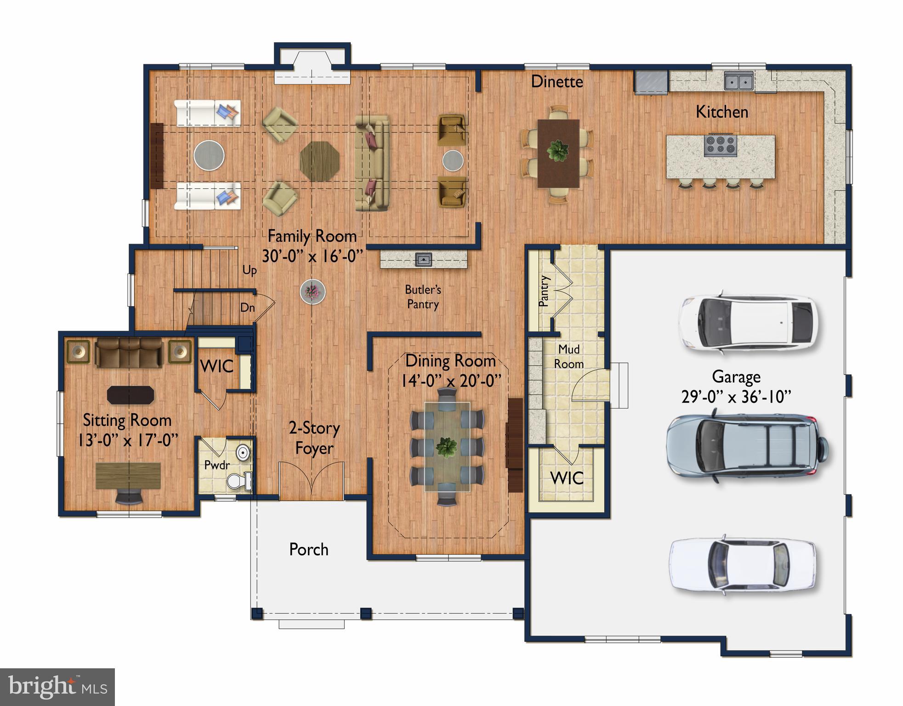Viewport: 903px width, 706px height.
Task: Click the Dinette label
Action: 557,82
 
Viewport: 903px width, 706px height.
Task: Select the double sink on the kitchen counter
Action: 738,81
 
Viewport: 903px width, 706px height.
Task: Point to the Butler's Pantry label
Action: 423,297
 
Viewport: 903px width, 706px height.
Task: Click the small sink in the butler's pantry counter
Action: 423,260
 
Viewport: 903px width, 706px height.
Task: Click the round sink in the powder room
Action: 243,453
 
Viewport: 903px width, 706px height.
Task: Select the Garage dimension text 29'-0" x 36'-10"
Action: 736,397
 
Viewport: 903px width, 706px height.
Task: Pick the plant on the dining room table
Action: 446,447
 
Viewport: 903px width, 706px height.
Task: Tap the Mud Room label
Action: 568,357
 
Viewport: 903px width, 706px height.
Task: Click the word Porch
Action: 308,550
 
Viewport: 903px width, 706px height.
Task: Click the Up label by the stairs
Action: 249,270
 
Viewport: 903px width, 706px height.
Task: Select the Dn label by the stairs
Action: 247,307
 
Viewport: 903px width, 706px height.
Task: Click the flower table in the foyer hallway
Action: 312,291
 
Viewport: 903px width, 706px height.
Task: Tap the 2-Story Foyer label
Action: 314,438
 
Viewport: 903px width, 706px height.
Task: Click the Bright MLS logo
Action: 57,687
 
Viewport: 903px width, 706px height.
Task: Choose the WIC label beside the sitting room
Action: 216,367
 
